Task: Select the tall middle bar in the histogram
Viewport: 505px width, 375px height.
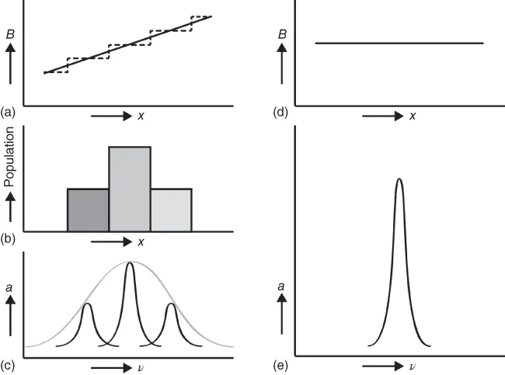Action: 130,189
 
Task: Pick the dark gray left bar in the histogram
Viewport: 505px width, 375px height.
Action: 88,210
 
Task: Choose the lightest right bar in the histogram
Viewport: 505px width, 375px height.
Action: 171,210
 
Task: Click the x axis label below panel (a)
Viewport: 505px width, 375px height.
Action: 140,116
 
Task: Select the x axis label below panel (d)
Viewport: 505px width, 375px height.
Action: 413,116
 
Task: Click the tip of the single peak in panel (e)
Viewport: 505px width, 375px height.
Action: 399,179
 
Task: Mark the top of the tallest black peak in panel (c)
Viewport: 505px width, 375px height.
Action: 130,263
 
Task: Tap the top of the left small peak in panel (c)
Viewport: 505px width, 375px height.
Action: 88,304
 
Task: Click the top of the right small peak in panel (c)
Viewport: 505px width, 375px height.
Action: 171,304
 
